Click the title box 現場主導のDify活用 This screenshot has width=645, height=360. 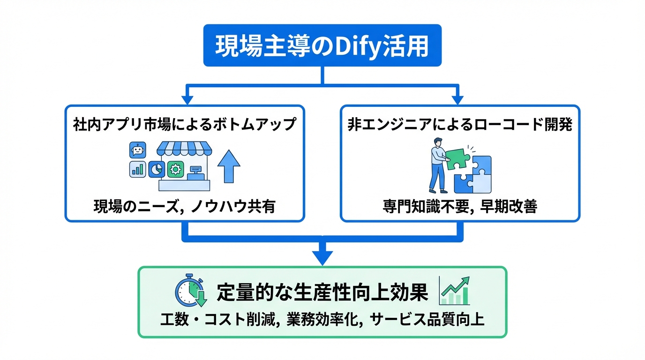point(322,45)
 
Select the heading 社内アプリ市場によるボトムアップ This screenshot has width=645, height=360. point(185,124)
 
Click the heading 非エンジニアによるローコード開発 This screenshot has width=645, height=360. point(460,124)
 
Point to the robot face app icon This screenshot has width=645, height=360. point(137,150)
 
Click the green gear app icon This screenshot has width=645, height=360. point(175,169)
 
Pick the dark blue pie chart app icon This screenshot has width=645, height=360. point(157,169)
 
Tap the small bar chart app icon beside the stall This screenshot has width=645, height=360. point(137,169)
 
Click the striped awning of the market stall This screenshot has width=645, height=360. point(184,149)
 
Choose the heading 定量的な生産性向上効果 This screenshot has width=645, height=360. point(322,293)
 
